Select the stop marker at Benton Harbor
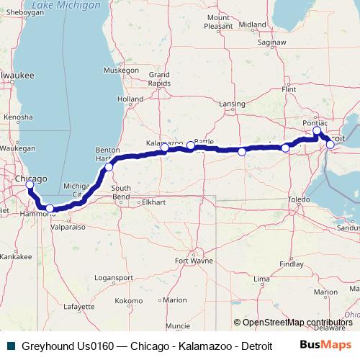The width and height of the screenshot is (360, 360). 109,167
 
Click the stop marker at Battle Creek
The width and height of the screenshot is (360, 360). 191,146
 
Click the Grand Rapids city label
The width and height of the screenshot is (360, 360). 158,78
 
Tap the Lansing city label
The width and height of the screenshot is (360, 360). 232,104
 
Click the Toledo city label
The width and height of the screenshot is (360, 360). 298,198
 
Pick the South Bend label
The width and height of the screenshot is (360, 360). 120,192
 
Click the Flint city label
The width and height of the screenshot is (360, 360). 289,89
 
